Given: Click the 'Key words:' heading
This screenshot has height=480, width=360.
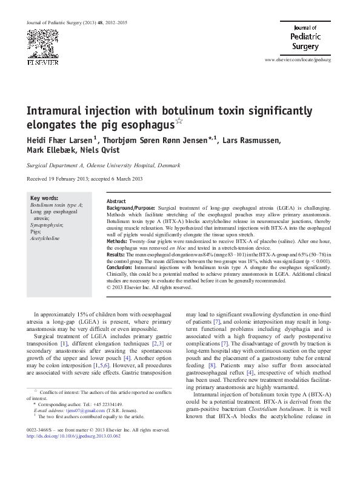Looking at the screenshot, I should pos(44,198).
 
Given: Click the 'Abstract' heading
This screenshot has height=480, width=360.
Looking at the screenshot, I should pos(116,201).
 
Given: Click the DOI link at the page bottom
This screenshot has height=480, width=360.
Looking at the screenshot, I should pos(70,453).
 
